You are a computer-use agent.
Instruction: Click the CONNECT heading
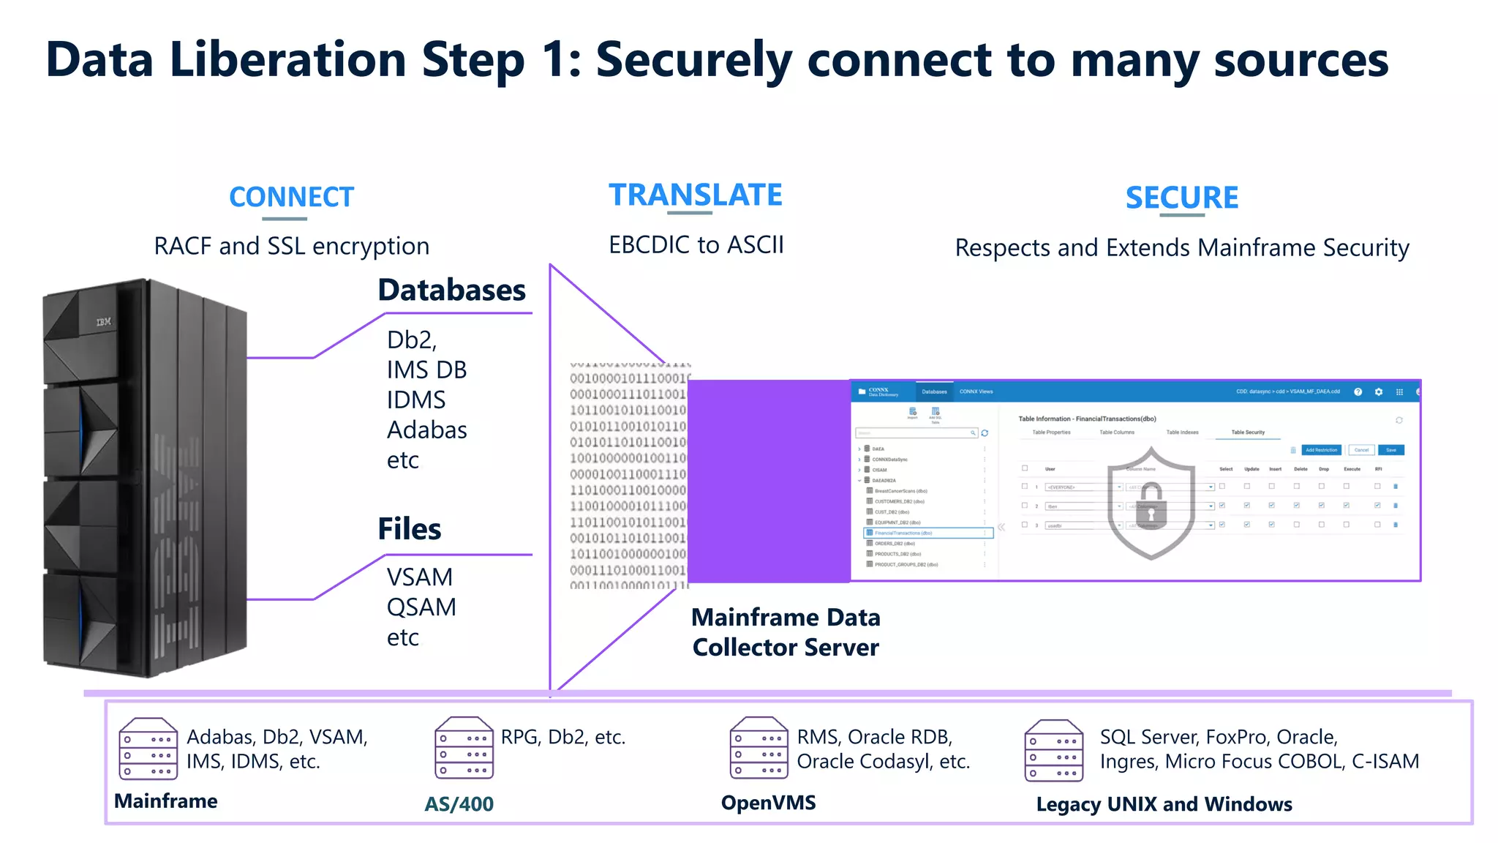coord(291,197)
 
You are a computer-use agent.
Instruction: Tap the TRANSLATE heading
coord(695,195)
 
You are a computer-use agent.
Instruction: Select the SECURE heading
coord(1181,198)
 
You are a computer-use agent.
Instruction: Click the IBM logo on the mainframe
coord(104,322)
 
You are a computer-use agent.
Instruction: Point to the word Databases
coord(451,291)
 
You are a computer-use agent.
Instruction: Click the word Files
coord(409,529)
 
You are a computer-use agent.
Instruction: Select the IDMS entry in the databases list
coord(415,400)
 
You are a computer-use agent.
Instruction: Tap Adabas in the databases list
coord(426,430)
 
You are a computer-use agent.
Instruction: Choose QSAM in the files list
coord(421,607)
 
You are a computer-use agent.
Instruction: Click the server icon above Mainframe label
coord(148,749)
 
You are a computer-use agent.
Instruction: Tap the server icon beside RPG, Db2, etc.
coord(464,748)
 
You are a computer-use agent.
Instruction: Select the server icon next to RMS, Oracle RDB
coord(759,748)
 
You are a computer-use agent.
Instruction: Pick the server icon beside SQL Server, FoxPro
coord(1053,750)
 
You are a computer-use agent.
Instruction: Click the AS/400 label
coord(459,803)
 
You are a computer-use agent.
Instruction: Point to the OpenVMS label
coord(768,803)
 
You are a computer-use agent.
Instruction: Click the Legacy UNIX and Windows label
coord(1164,804)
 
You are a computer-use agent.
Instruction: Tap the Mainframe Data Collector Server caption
coord(786,632)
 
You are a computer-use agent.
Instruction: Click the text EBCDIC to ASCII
coord(696,244)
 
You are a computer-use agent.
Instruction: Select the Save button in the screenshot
coord(1390,450)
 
